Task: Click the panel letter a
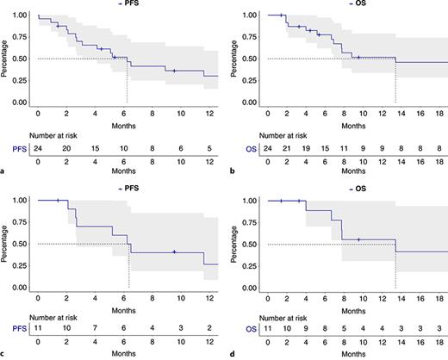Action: coord(5,172)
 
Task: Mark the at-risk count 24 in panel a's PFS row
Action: coord(38,148)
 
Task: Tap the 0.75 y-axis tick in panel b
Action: coord(246,37)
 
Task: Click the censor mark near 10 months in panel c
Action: coord(174,251)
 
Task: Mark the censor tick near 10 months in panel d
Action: coord(358,239)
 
